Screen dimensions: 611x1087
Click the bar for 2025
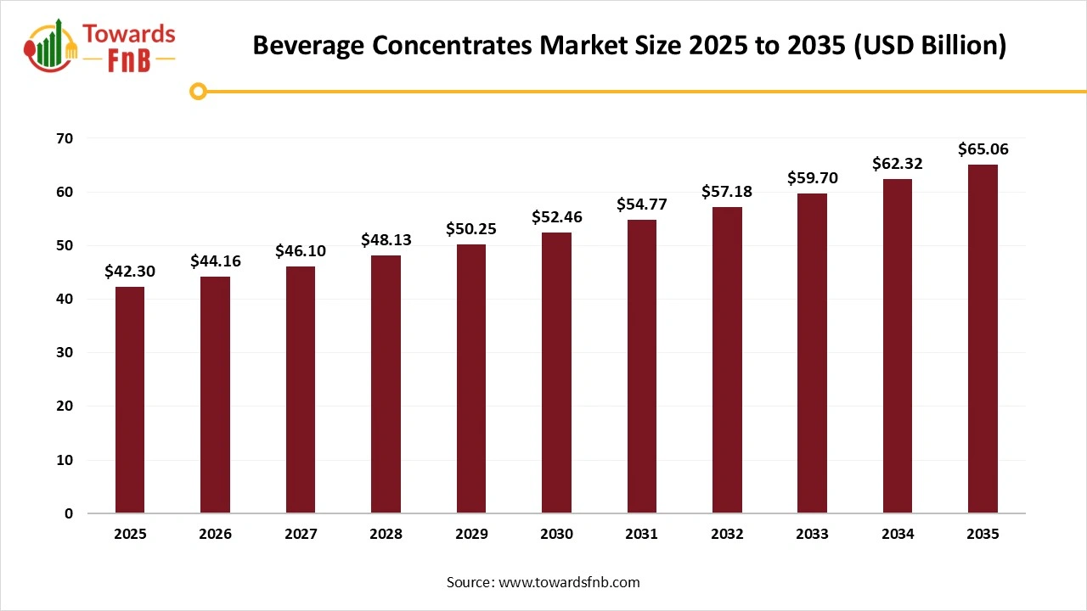click(x=130, y=400)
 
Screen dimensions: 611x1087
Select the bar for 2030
click(x=556, y=373)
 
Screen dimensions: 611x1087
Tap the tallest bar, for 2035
click(x=983, y=339)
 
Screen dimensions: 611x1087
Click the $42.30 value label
click(x=130, y=272)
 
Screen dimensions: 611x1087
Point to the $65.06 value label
click(x=983, y=149)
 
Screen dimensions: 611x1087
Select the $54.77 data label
click(x=642, y=205)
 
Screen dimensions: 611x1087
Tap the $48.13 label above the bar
click(x=386, y=240)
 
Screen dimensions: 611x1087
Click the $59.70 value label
click(x=812, y=178)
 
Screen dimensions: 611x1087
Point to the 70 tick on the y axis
click(x=65, y=138)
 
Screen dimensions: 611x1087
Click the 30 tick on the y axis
click(x=65, y=352)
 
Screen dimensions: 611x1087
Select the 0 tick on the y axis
click(x=69, y=513)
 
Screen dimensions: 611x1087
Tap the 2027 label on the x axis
click(x=301, y=535)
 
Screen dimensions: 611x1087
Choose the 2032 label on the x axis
click(x=727, y=535)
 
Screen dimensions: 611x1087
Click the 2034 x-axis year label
click(x=898, y=535)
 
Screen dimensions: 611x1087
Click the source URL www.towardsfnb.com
click(x=568, y=582)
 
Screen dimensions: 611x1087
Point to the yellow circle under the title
click(x=198, y=91)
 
